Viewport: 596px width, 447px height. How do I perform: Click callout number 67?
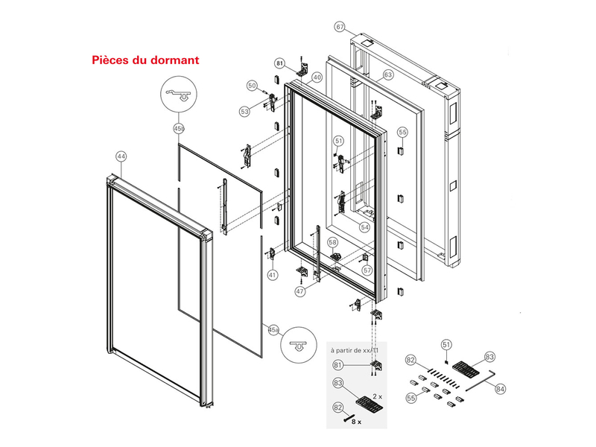click(340, 28)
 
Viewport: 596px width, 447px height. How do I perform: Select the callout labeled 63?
click(388, 75)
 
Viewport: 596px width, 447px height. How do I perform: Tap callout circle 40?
click(317, 77)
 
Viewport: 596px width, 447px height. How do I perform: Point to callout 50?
click(252, 86)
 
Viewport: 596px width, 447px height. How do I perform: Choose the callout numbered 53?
click(244, 111)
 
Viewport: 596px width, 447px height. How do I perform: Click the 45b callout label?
click(178, 129)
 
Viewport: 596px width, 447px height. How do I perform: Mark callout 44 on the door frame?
click(121, 156)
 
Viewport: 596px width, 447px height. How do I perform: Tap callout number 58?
click(332, 242)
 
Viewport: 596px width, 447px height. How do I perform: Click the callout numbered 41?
click(273, 275)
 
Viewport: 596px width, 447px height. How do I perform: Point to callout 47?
click(299, 292)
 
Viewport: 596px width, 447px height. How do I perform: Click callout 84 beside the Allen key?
click(500, 388)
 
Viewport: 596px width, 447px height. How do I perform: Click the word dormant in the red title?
click(172, 59)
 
